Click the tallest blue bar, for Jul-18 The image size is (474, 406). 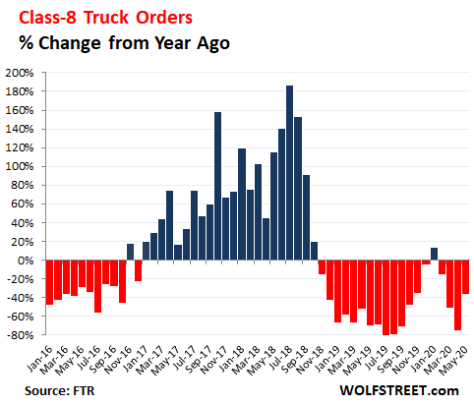pos(289,173)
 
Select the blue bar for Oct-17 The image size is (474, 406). pos(217,186)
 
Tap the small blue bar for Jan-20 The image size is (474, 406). pos(434,254)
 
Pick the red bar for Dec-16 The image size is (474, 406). pos(138,270)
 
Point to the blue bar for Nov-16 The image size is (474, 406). pos(130,252)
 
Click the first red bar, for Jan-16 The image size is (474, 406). pos(50,282)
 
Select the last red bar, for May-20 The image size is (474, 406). pos(465,277)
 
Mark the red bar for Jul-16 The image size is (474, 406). pos(97,286)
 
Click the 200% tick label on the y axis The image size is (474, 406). pos(20,73)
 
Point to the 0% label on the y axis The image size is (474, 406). pos(26,261)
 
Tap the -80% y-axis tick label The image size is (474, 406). pos(20,335)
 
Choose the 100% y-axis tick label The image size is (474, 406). pos(20,166)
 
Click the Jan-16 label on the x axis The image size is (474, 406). pos(39,359)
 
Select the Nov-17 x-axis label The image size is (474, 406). pos(213,360)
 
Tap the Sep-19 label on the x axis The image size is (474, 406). pos(389,360)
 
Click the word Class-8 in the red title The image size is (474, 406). pos(48,18)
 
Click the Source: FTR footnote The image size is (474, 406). pos(59,390)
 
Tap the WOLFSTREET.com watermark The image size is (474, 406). pos(399,390)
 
